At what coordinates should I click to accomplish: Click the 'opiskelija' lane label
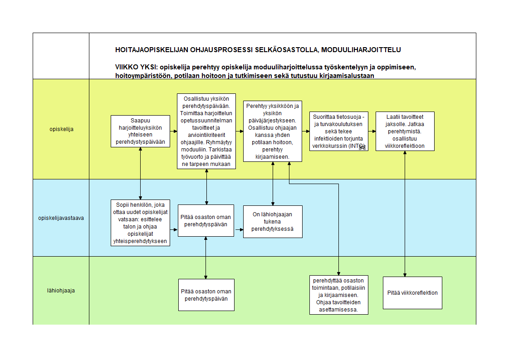(x=61, y=129)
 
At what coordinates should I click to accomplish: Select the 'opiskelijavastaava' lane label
(x=61, y=218)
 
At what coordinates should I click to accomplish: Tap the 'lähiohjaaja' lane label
(x=61, y=291)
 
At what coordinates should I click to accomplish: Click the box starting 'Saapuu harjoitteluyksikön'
(x=140, y=131)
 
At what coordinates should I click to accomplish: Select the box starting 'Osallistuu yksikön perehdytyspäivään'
(x=206, y=131)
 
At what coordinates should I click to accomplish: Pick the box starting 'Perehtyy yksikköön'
(x=273, y=131)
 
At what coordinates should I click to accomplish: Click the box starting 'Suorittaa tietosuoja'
(x=339, y=131)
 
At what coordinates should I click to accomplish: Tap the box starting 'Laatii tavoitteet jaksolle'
(x=405, y=131)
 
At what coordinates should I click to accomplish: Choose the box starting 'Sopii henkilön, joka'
(x=140, y=223)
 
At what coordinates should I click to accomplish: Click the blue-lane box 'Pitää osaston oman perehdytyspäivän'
(x=206, y=220)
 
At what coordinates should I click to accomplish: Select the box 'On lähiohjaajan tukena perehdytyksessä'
(x=273, y=222)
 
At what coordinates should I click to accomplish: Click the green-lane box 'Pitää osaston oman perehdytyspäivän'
(x=206, y=295)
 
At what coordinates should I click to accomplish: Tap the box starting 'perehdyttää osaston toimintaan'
(x=338, y=295)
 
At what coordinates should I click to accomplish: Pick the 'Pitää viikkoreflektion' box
(x=412, y=293)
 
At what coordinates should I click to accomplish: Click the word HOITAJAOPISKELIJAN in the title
(x=152, y=50)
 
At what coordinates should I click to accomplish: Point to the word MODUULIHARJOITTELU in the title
(x=361, y=50)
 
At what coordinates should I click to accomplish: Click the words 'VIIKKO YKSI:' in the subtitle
(x=137, y=67)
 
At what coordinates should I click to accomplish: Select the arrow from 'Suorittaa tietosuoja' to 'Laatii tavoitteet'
(x=372, y=131)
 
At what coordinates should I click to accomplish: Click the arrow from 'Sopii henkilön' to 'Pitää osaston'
(x=174, y=229)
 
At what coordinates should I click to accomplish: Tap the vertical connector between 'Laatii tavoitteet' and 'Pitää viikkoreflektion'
(x=405, y=214)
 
